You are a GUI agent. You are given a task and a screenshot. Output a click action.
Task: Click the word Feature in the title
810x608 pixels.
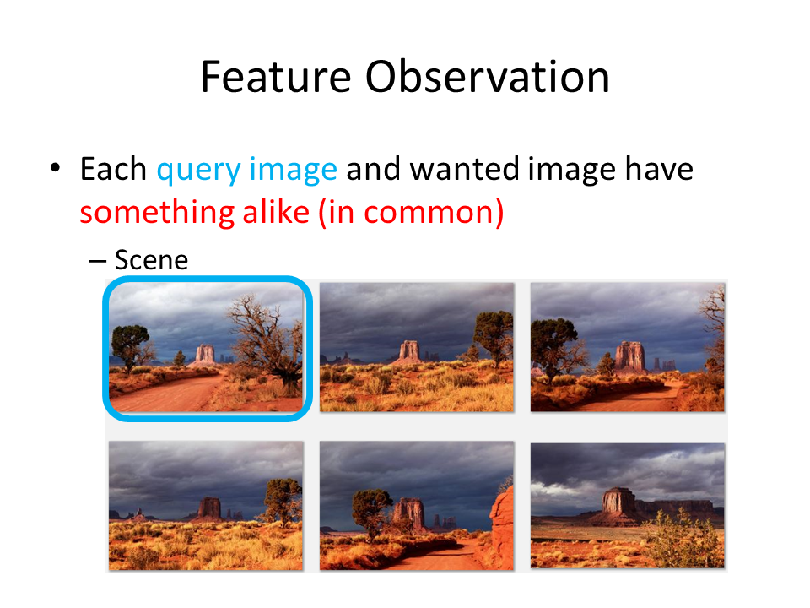click(x=276, y=77)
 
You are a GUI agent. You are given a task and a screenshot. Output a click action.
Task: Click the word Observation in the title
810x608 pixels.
click(x=488, y=77)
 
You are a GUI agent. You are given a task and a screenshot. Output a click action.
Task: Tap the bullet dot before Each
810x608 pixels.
click(x=56, y=167)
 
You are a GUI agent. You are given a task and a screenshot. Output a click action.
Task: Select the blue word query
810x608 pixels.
click(x=198, y=170)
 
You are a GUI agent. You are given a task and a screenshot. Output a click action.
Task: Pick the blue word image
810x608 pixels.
click(x=293, y=170)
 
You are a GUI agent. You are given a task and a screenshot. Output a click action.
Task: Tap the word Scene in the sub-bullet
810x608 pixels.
click(x=151, y=259)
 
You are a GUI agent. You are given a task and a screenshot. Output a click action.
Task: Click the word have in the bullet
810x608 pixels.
click(x=659, y=169)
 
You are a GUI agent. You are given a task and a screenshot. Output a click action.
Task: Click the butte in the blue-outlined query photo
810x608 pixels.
click(x=204, y=355)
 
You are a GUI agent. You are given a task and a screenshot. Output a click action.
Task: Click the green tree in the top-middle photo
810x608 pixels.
click(x=494, y=335)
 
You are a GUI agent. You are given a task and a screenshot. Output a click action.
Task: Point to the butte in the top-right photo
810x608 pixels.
click(x=629, y=356)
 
